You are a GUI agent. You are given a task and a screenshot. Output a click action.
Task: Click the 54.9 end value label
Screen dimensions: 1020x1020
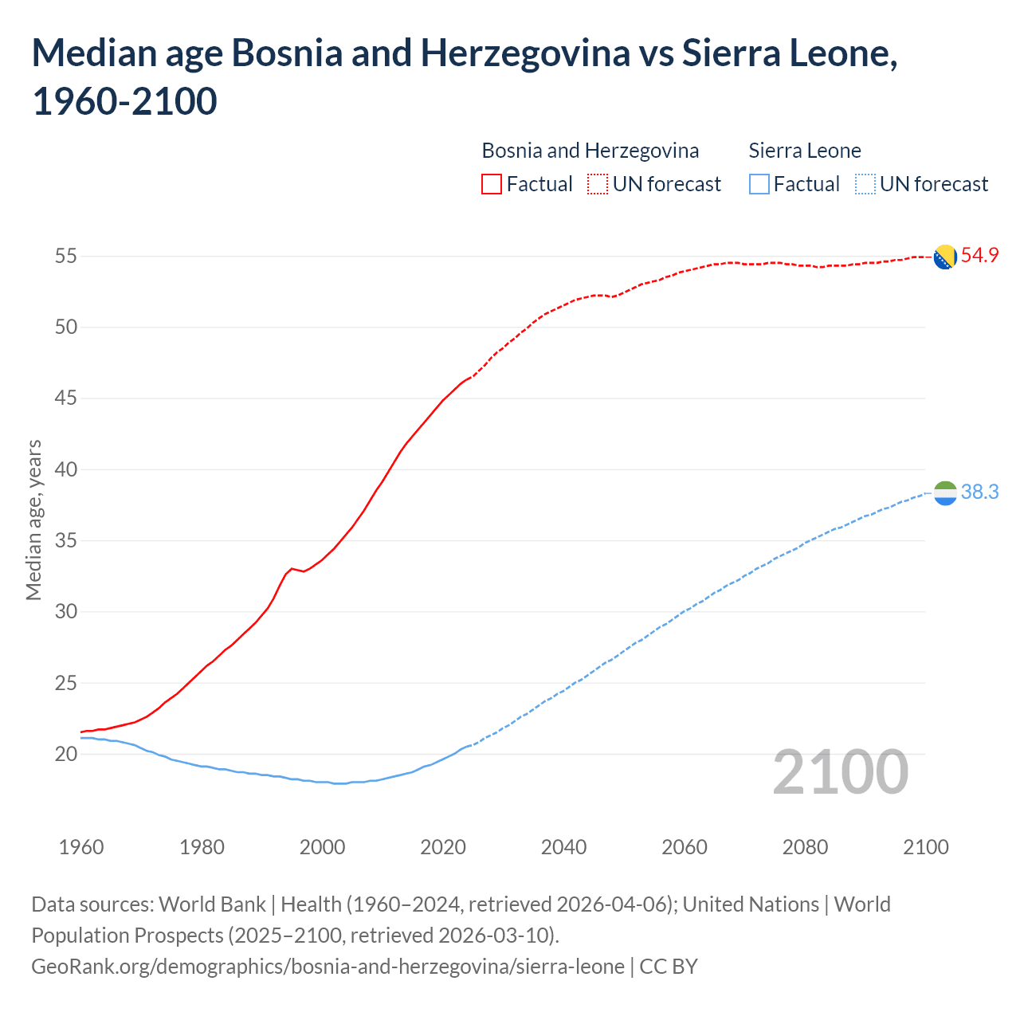(979, 256)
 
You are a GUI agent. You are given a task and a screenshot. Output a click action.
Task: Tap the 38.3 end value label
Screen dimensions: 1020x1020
(979, 492)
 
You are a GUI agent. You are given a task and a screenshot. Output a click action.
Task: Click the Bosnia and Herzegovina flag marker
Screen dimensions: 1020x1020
(945, 257)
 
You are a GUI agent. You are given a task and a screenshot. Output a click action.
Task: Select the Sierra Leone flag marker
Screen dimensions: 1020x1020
(945, 493)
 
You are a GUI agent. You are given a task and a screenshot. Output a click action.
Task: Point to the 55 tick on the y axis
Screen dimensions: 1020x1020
(66, 256)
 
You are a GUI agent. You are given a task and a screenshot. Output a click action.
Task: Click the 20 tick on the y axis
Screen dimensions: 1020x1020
(66, 754)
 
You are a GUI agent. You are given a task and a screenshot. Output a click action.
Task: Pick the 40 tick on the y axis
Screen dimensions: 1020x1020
(66, 469)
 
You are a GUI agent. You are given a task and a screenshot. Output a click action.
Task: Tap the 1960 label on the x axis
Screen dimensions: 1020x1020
(81, 847)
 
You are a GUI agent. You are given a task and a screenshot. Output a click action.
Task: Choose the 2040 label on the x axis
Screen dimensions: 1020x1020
(563, 847)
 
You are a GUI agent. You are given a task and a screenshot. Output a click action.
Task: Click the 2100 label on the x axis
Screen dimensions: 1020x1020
(925, 847)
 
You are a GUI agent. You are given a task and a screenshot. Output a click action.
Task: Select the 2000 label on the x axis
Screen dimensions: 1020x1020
(323, 847)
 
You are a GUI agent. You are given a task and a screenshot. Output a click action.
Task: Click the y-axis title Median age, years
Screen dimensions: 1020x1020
(33, 520)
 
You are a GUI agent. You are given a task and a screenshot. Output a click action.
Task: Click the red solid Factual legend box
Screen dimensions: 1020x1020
(492, 184)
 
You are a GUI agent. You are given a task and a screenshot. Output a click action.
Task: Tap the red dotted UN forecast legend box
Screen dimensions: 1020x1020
(598, 184)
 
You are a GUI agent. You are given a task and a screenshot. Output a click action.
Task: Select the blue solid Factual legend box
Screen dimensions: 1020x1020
(759, 184)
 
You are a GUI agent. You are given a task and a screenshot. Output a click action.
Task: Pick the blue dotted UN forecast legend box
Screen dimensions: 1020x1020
(865, 184)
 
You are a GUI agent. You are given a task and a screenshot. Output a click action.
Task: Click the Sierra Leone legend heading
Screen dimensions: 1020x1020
(805, 151)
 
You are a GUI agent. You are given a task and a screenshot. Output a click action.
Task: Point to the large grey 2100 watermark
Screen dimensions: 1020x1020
(840, 771)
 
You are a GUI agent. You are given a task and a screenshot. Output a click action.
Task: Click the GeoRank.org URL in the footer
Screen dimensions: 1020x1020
(328, 967)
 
